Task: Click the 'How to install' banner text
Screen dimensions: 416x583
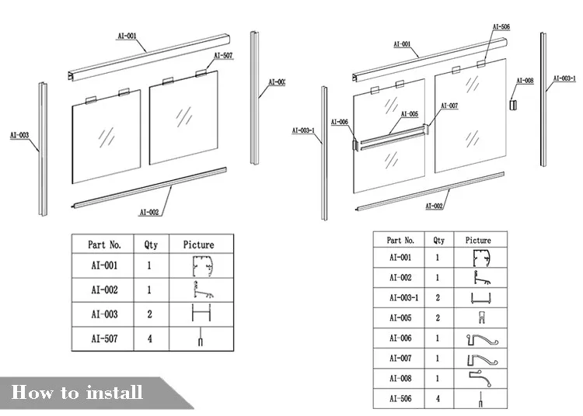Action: click(77, 392)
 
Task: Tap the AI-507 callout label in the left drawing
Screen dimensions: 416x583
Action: click(223, 56)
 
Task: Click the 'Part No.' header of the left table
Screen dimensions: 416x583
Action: click(105, 244)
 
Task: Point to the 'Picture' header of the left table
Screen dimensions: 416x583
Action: click(198, 244)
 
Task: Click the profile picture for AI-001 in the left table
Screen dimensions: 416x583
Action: click(201, 268)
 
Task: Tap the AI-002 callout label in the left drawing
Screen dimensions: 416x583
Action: click(149, 212)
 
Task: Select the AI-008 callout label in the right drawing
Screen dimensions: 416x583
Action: click(525, 81)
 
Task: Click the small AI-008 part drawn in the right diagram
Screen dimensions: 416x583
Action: click(512, 104)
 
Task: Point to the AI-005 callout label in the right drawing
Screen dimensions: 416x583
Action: click(409, 114)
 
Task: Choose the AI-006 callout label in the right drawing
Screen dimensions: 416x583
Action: click(340, 122)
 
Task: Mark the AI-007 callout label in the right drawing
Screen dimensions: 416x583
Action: click(449, 106)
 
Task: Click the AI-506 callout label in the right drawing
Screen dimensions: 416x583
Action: click(501, 27)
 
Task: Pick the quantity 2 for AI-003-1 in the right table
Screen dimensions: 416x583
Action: click(439, 297)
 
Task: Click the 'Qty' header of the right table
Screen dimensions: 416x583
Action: click(439, 241)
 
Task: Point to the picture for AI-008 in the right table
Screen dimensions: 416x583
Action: click(479, 378)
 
